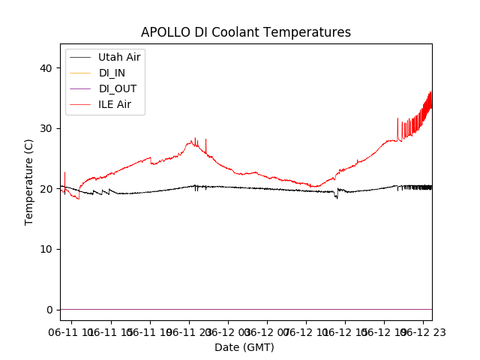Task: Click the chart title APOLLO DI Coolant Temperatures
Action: (x=246, y=32)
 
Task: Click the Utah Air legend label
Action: (x=119, y=57)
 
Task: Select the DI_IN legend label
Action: (x=112, y=73)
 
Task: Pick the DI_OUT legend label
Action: (x=117, y=88)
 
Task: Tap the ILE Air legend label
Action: (x=115, y=104)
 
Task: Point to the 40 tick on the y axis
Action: (x=47, y=68)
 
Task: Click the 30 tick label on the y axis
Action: (x=47, y=128)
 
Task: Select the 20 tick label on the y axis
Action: (x=47, y=189)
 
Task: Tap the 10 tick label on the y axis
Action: (x=47, y=249)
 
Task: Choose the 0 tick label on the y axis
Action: (x=50, y=310)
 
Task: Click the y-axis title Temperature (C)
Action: (x=29, y=181)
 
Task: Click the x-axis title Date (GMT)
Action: (x=244, y=347)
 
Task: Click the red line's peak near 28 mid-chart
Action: (x=195, y=140)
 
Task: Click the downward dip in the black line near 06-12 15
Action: (x=336, y=197)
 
